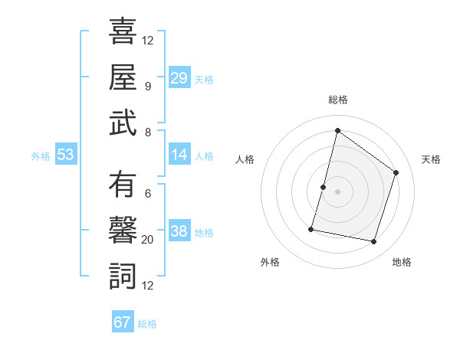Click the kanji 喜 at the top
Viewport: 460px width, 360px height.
[123, 32]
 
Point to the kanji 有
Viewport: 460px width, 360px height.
[123, 185]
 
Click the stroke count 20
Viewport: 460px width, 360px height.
[149, 240]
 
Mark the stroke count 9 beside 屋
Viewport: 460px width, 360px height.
[148, 86]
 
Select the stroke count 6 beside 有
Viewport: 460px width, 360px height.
[148, 194]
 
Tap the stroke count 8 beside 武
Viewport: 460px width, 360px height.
[148, 132]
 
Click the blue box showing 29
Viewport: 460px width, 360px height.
[179, 78]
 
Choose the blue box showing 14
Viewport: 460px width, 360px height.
[179, 155]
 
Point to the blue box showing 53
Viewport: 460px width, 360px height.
[66, 155]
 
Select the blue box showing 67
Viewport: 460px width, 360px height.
[123, 322]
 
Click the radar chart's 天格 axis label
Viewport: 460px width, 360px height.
[431, 159]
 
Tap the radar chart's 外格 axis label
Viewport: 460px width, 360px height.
[270, 262]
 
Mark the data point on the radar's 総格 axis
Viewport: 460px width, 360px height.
[337, 131]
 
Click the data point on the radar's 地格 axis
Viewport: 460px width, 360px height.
[374, 242]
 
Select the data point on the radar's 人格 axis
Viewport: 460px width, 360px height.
[323, 187]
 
